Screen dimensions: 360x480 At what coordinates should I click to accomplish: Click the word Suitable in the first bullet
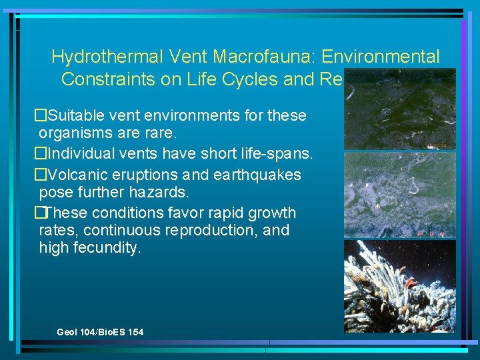tap(75, 115)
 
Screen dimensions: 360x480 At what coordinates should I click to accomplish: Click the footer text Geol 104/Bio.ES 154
tap(100, 332)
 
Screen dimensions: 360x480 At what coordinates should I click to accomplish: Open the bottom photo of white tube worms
tap(399, 286)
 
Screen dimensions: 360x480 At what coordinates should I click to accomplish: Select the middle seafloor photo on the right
tap(399, 194)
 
